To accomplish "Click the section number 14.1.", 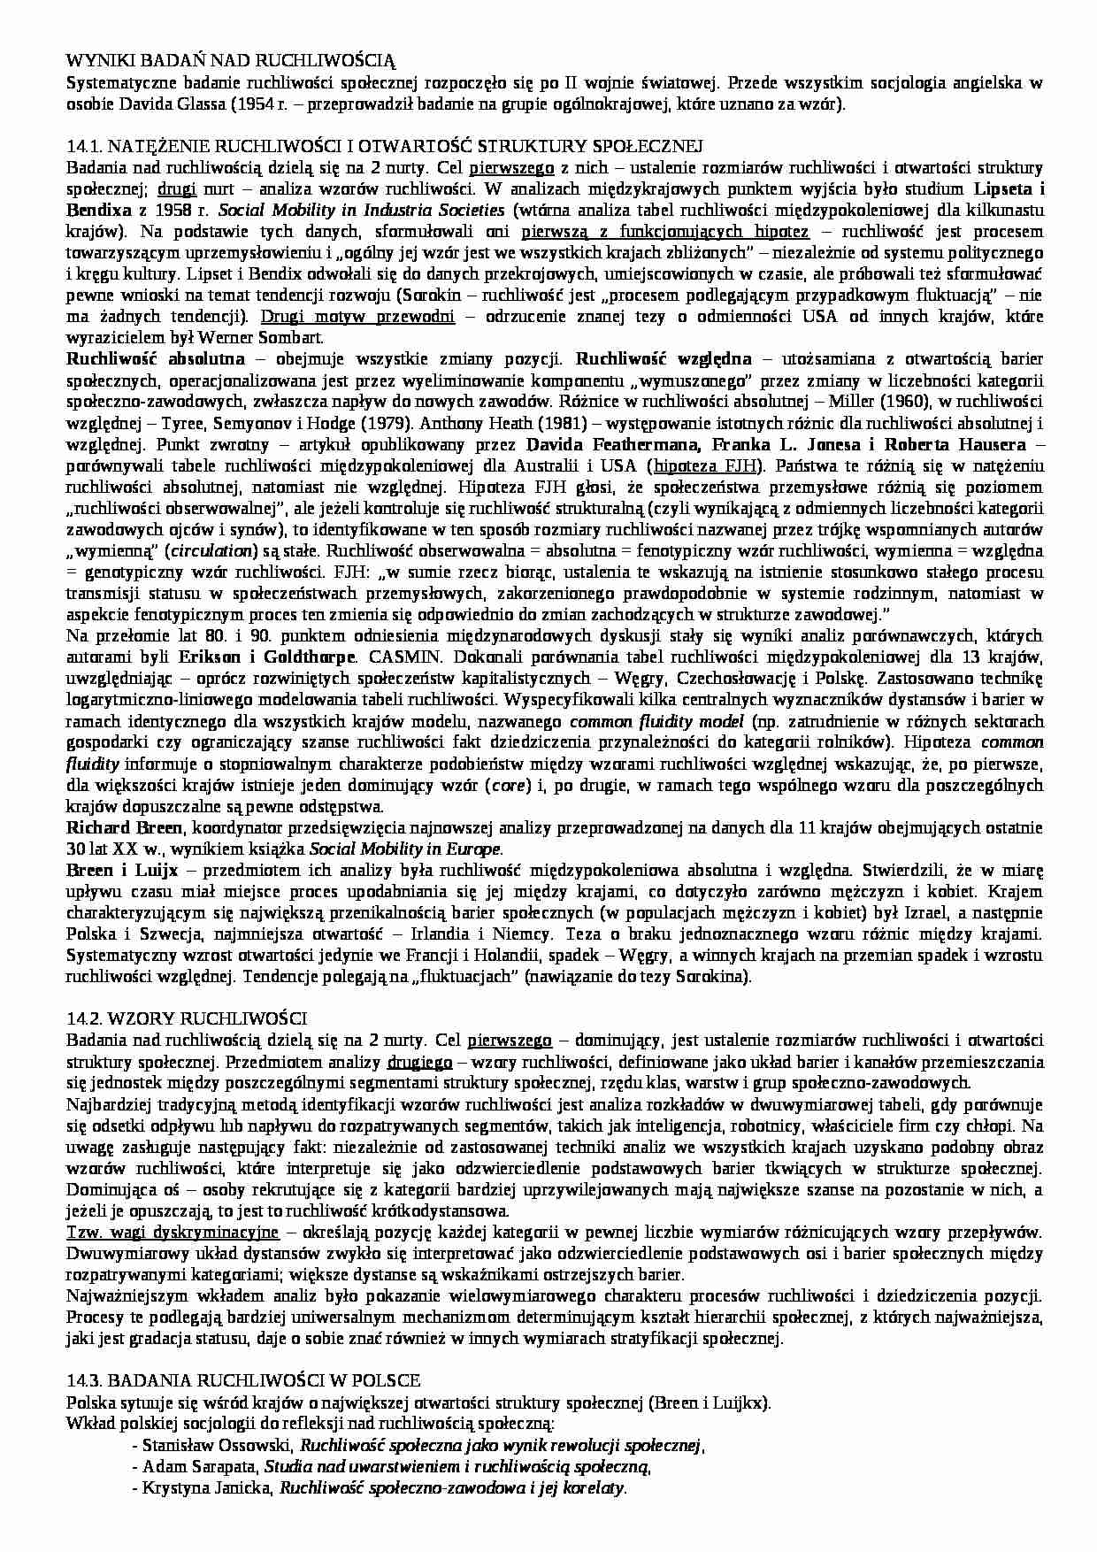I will click(85, 146).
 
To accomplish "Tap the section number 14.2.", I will click(85, 1018).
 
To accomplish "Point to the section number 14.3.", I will click(85, 1380).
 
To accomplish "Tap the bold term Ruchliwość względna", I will click(664, 359).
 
